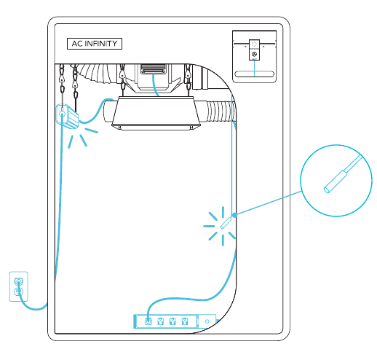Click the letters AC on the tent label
click(77, 44)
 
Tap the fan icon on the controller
click(254, 54)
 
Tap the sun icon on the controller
click(254, 44)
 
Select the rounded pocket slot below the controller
click(254, 74)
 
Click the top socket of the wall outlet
click(18, 282)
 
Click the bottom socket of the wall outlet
click(18, 291)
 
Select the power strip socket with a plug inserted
click(148, 321)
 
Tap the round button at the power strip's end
click(207, 321)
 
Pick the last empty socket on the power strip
click(185, 321)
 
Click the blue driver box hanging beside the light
click(67, 117)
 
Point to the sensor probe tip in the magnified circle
click(327, 189)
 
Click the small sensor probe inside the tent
click(226, 223)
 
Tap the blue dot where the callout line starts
click(234, 215)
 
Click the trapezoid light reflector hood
click(156, 113)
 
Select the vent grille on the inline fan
click(154, 69)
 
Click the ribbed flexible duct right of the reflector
click(221, 111)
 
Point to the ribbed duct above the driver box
click(97, 72)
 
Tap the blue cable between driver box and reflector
click(96, 111)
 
